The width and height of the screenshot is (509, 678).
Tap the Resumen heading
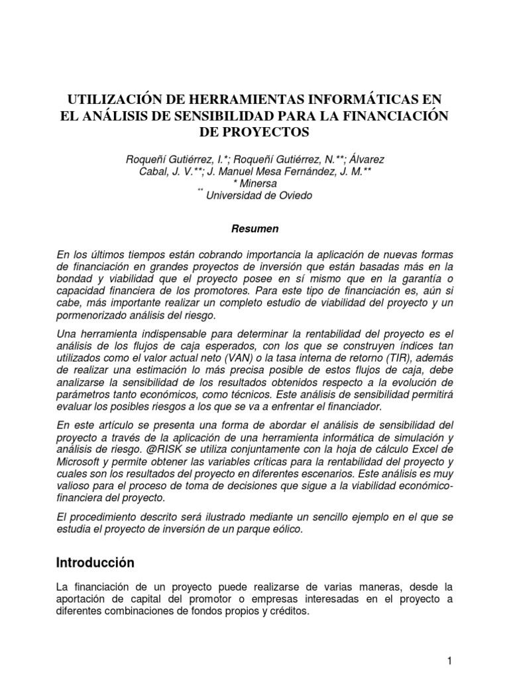coord(254,229)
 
